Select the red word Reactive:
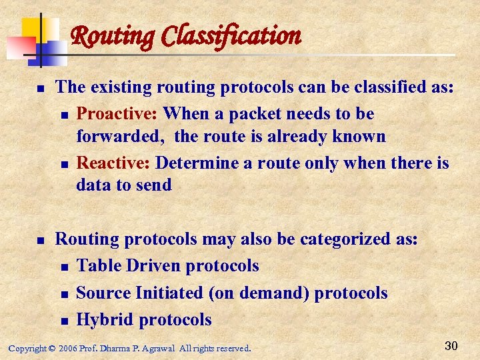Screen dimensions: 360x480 [113, 163]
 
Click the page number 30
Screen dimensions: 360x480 [451, 345]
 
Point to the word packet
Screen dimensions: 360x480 [253, 114]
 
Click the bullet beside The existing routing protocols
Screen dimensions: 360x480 [40, 88]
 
